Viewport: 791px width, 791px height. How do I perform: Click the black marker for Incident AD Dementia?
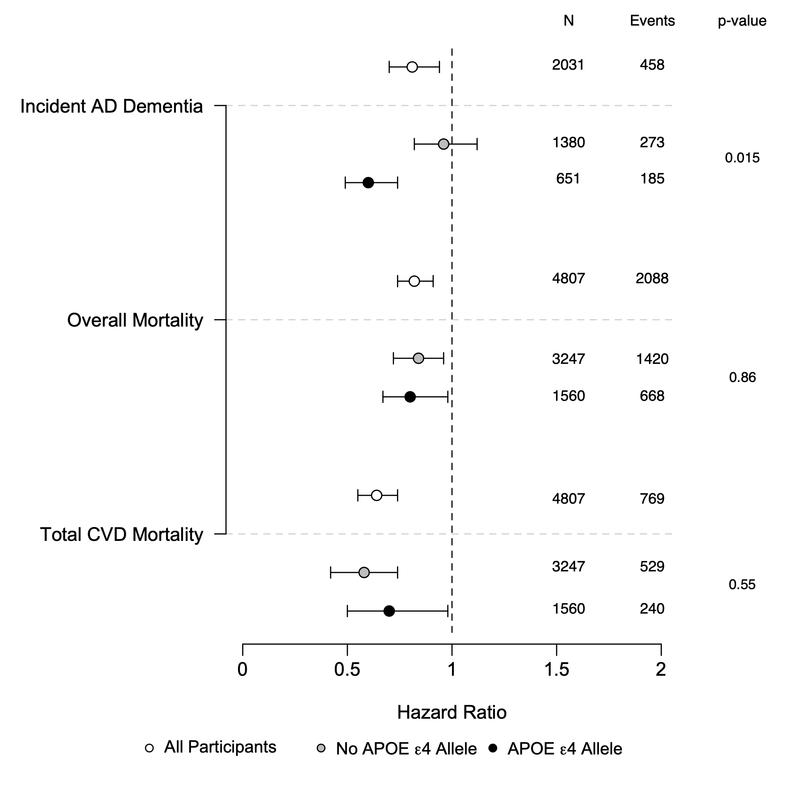click(368, 183)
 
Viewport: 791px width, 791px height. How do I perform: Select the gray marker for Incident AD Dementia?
click(443, 144)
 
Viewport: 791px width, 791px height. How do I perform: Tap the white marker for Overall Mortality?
click(414, 281)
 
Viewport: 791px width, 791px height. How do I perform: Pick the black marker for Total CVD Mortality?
click(389, 611)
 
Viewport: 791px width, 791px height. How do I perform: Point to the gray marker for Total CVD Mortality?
click(364, 573)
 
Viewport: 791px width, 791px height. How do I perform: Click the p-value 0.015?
click(742, 157)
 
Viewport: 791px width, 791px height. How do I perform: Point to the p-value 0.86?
click(742, 377)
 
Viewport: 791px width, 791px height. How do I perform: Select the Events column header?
click(652, 21)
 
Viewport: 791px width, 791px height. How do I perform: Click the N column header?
click(568, 21)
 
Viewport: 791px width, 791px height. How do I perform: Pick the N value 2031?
click(568, 65)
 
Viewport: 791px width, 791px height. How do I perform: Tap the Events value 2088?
click(652, 278)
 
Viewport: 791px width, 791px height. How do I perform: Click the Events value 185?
click(652, 179)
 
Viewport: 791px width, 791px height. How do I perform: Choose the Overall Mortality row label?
click(135, 320)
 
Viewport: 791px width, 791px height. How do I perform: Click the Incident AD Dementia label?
click(112, 107)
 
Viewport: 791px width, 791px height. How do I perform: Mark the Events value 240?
click(652, 609)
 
